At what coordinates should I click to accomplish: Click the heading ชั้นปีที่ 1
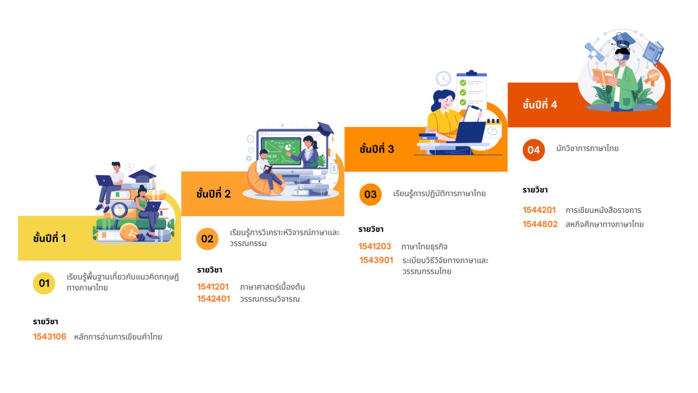point(50,238)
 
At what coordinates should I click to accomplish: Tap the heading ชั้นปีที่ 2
point(214,194)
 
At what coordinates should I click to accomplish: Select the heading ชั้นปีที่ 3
point(377,149)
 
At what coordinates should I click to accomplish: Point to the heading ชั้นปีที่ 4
point(540,105)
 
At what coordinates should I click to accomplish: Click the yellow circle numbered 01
point(44,283)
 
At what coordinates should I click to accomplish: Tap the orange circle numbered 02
point(207,239)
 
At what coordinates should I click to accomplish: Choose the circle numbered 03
point(370,194)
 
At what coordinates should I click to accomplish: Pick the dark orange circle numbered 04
point(533,150)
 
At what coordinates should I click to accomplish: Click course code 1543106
point(50,337)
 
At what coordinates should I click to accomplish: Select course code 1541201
point(213,287)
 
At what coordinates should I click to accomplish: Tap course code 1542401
point(213,299)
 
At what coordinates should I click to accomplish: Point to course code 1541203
point(374,247)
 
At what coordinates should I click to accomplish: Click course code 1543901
point(376,261)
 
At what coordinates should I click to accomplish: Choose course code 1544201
point(539,210)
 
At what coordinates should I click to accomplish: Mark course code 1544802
point(540,224)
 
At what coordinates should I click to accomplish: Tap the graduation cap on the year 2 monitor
point(326,129)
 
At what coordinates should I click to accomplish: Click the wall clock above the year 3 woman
point(443,79)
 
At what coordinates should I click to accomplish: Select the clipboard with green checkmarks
point(471,89)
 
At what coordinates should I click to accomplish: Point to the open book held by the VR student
point(603,76)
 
